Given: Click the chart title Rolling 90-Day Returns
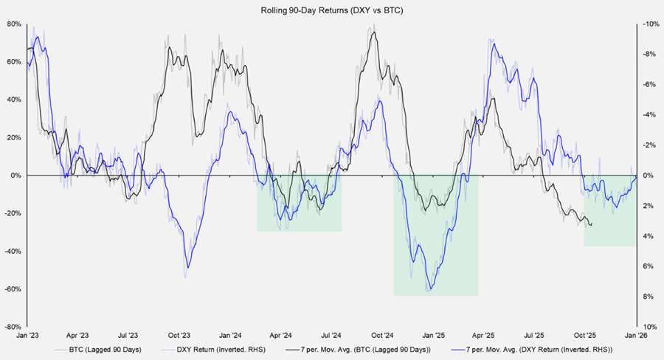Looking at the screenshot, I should coord(331,10).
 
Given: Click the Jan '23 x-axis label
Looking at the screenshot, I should coord(27,334).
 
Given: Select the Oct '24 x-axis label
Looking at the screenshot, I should coord(382,334).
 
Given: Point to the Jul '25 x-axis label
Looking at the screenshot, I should coord(534,334).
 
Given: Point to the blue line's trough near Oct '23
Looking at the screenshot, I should coord(187,267).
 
